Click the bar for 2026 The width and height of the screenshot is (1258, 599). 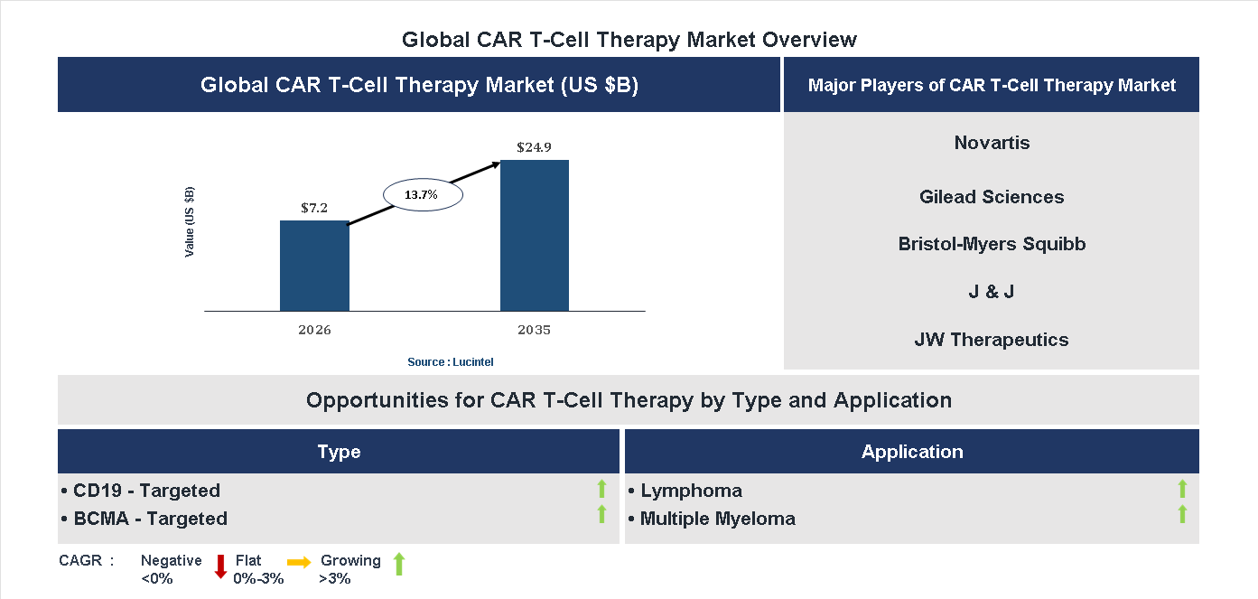314,266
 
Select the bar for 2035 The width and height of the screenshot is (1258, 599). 535,236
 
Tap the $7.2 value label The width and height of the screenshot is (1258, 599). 314,207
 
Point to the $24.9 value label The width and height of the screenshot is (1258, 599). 535,146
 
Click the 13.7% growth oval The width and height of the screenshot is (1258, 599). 423,194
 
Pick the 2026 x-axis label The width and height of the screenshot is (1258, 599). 314,330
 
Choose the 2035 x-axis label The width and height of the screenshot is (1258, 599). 535,330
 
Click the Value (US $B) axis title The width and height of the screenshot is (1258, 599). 190,221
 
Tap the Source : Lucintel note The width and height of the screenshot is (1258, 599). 450,361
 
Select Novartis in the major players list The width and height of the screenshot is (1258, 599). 992,143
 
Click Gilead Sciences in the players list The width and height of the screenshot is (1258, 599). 992,197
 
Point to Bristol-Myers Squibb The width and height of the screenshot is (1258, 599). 992,244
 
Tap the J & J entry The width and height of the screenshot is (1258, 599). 992,292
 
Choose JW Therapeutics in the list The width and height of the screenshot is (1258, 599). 992,340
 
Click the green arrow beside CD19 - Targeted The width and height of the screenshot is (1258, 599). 601,490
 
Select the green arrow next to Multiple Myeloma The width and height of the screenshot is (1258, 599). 1182,515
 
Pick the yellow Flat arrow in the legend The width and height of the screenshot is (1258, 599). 299,562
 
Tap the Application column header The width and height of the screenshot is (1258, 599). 912,452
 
